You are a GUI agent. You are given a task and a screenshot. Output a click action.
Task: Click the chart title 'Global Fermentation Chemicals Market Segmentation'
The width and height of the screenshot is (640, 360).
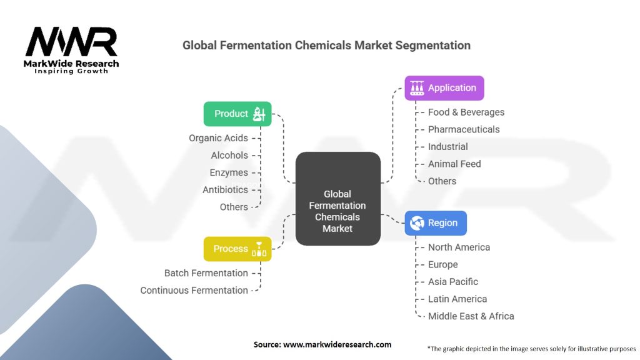(x=326, y=46)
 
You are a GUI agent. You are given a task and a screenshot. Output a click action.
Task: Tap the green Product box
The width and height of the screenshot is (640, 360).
(x=237, y=114)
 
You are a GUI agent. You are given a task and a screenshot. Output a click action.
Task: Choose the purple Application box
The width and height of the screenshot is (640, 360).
(x=444, y=88)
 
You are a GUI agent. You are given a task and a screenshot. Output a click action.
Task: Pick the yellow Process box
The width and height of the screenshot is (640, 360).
(x=237, y=249)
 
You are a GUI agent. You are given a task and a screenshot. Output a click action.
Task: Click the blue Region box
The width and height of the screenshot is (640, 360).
(x=435, y=223)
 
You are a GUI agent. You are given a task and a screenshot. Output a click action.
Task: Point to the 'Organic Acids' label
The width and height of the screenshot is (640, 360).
(x=218, y=138)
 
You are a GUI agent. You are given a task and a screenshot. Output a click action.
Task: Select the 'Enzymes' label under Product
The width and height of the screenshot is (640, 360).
(x=229, y=172)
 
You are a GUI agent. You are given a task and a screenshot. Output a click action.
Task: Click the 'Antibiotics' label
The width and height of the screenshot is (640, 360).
(x=225, y=189)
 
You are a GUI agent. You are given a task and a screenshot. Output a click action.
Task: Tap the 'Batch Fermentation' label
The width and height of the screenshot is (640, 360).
(x=206, y=273)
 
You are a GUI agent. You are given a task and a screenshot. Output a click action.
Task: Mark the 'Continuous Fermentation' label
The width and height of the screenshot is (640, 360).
(x=194, y=290)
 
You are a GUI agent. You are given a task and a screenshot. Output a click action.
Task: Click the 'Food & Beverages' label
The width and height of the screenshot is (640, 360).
(x=466, y=112)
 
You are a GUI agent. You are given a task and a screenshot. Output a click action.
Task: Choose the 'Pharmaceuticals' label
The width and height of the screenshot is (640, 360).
(x=464, y=129)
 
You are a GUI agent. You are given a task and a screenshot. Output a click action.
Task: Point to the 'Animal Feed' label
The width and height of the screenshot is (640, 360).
(x=454, y=164)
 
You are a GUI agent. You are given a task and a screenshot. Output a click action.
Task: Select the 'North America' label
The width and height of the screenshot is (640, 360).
(x=459, y=247)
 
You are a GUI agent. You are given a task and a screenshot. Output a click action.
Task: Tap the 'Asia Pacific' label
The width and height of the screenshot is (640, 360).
(x=453, y=282)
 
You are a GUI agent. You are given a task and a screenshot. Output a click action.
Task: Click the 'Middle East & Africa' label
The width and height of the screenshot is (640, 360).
(x=471, y=316)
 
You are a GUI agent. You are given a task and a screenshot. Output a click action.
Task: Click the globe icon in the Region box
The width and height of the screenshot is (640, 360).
(x=416, y=223)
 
